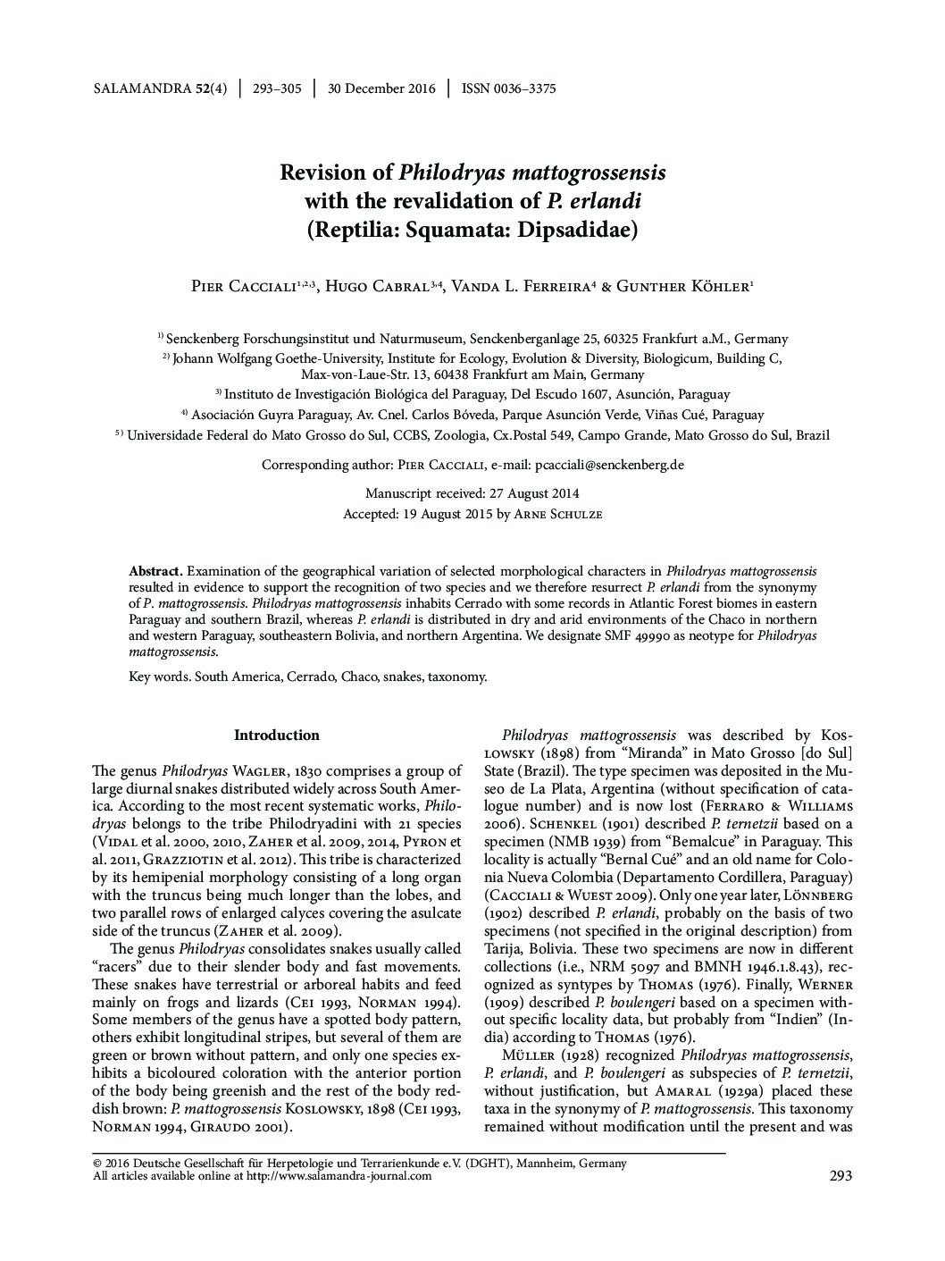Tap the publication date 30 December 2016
[381, 88]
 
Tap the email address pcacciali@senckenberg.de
[609, 465]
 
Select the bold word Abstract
[155, 571]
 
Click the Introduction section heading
[276, 736]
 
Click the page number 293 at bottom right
[840, 1176]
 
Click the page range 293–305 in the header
[277, 88]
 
